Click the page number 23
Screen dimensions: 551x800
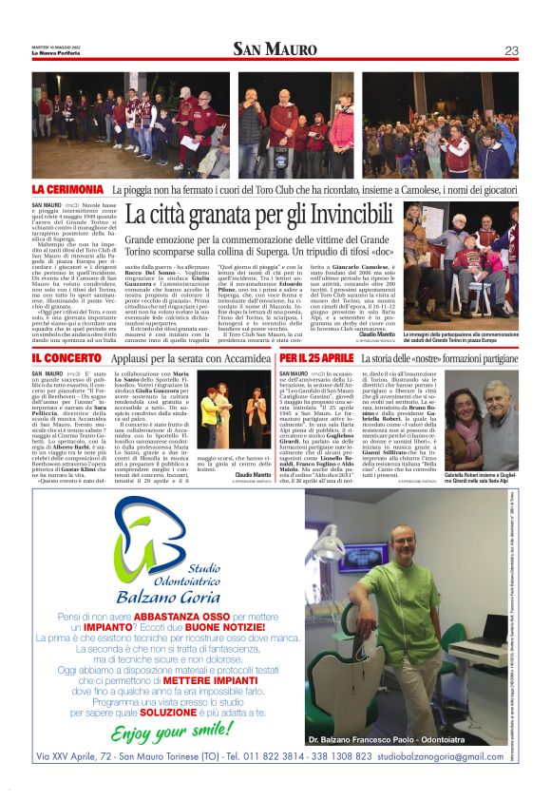click(510, 49)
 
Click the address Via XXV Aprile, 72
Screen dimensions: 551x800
click(77, 756)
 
